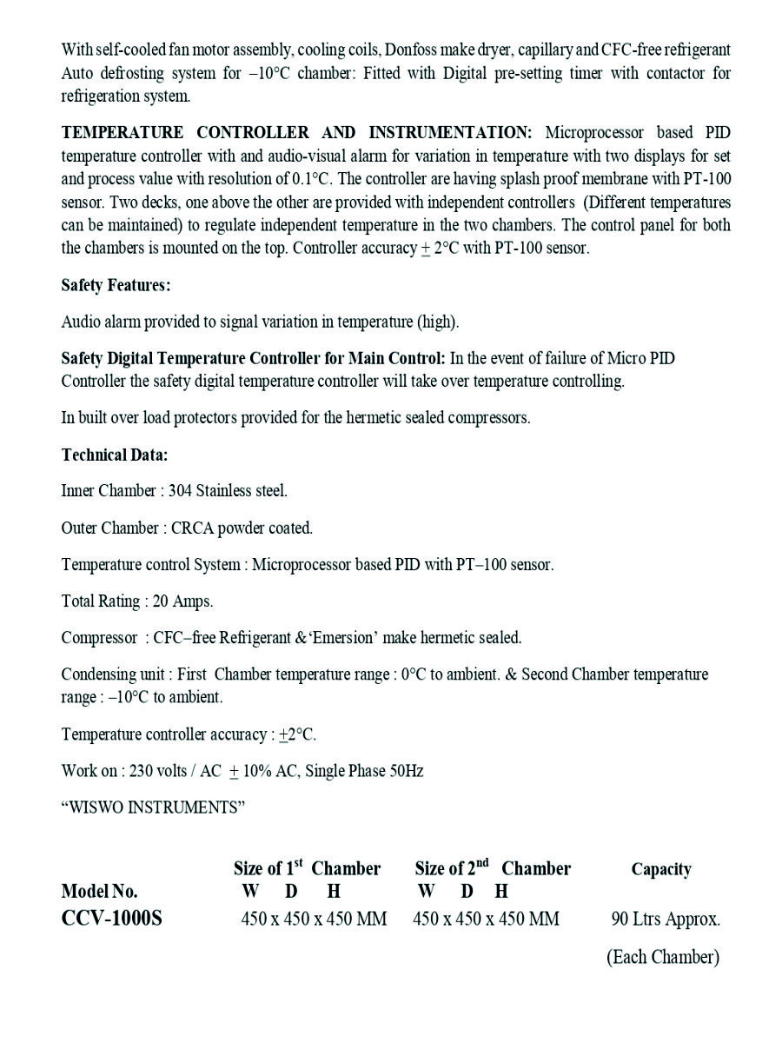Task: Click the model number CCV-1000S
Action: click(x=111, y=919)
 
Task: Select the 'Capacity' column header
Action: click(x=661, y=869)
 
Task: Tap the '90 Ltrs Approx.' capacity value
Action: click(x=666, y=919)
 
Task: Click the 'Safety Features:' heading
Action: click(x=116, y=285)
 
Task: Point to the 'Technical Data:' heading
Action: click(x=115, y=455)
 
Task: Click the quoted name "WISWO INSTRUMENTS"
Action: click(x=153, y=807)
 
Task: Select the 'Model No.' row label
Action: click(x=99, y=891)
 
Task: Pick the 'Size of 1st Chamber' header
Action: click(x=307, y=868)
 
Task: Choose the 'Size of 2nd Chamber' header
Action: click(x=493, y=868)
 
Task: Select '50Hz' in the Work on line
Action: click(x=406, y=771)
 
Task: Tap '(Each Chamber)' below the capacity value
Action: click(x=663, y=957)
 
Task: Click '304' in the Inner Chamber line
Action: click(x=180, y=491)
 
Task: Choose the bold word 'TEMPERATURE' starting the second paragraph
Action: click(x=122, y=133)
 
